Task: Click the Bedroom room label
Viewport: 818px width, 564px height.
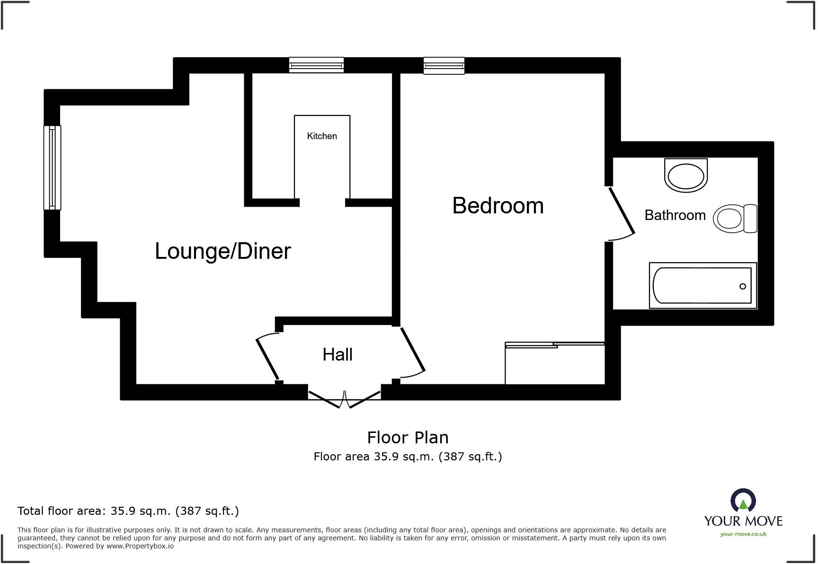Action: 498,206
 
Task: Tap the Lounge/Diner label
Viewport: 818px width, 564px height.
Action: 222,251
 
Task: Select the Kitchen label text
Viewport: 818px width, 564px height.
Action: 322,136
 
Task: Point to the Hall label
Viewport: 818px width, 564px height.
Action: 338,354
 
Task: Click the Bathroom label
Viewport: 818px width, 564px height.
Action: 675,215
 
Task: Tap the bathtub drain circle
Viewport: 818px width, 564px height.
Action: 743,286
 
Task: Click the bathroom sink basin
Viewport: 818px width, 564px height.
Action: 686,176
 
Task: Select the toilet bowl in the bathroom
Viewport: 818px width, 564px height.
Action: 735,219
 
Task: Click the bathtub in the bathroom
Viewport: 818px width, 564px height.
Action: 703,285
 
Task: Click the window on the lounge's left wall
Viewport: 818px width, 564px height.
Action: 52,167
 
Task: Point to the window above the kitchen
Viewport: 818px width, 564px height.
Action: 316,65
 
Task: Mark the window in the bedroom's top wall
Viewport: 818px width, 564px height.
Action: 444,66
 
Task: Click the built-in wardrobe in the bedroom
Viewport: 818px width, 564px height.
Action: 555,363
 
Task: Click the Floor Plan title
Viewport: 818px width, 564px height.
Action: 408,438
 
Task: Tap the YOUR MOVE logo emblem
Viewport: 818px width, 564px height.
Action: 743,501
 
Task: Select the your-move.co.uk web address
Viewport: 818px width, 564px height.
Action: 743,534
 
